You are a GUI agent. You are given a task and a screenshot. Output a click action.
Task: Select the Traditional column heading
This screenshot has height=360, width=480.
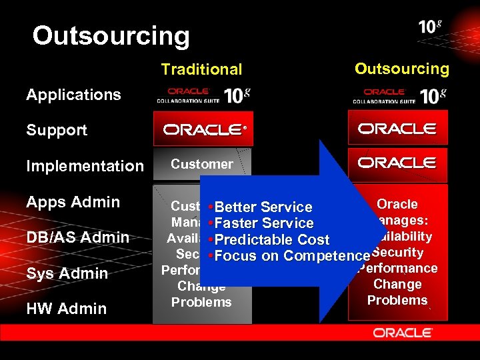(x=201, y=69)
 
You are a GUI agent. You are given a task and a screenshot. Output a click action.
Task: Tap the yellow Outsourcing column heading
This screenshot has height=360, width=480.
(x=401, y=69)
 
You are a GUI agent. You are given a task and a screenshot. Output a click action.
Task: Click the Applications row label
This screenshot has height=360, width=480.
(x=73, y=95)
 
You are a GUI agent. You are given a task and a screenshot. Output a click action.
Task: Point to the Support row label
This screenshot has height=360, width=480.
(x=57, y=130)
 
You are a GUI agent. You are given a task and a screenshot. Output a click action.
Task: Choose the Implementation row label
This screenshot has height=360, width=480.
(x=85, y=166)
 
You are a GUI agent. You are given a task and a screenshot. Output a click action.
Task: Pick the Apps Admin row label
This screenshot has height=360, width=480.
(x=73, y=202)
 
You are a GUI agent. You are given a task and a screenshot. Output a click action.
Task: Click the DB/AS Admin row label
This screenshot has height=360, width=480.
(x=77, y=237)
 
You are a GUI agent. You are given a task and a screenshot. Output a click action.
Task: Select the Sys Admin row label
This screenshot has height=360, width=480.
(x=67, y=273)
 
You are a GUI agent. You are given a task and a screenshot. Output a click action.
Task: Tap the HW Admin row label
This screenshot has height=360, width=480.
(x=66, y=309)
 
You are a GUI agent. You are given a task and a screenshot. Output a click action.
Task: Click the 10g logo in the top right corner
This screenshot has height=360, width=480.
(x=430, y=27)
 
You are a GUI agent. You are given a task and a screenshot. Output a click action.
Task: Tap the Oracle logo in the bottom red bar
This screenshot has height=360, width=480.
(x=403, y=331)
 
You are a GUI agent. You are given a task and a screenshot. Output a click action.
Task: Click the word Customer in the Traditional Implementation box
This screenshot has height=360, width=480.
(x=202, y=164)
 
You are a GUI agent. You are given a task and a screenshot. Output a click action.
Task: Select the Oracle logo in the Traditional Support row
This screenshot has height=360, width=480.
(x=202, y=129)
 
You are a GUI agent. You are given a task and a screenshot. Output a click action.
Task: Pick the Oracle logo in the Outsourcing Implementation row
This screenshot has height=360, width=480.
(x=397, y=163)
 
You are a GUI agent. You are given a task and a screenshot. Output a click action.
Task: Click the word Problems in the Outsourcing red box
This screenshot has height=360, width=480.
(x=397, y=300)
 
